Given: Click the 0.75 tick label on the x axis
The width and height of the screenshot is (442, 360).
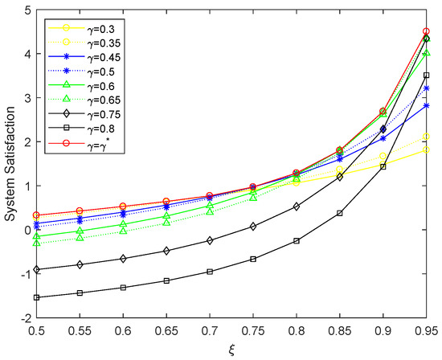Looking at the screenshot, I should click(253, 330).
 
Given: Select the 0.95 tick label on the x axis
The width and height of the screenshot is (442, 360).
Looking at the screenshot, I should click(426, 330).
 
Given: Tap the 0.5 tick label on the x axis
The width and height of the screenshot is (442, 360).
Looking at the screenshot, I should click(37, 330).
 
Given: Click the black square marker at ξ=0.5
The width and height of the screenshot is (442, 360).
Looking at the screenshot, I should click(37, 297).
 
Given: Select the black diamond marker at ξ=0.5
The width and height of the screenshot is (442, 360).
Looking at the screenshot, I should click(37, 269).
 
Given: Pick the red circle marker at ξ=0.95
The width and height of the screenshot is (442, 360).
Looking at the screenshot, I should click(426, 31).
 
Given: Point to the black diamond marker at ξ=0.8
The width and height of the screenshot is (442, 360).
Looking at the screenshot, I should click(297, 207).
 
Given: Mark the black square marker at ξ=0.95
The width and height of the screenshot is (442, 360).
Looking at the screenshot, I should click(426, 76).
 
